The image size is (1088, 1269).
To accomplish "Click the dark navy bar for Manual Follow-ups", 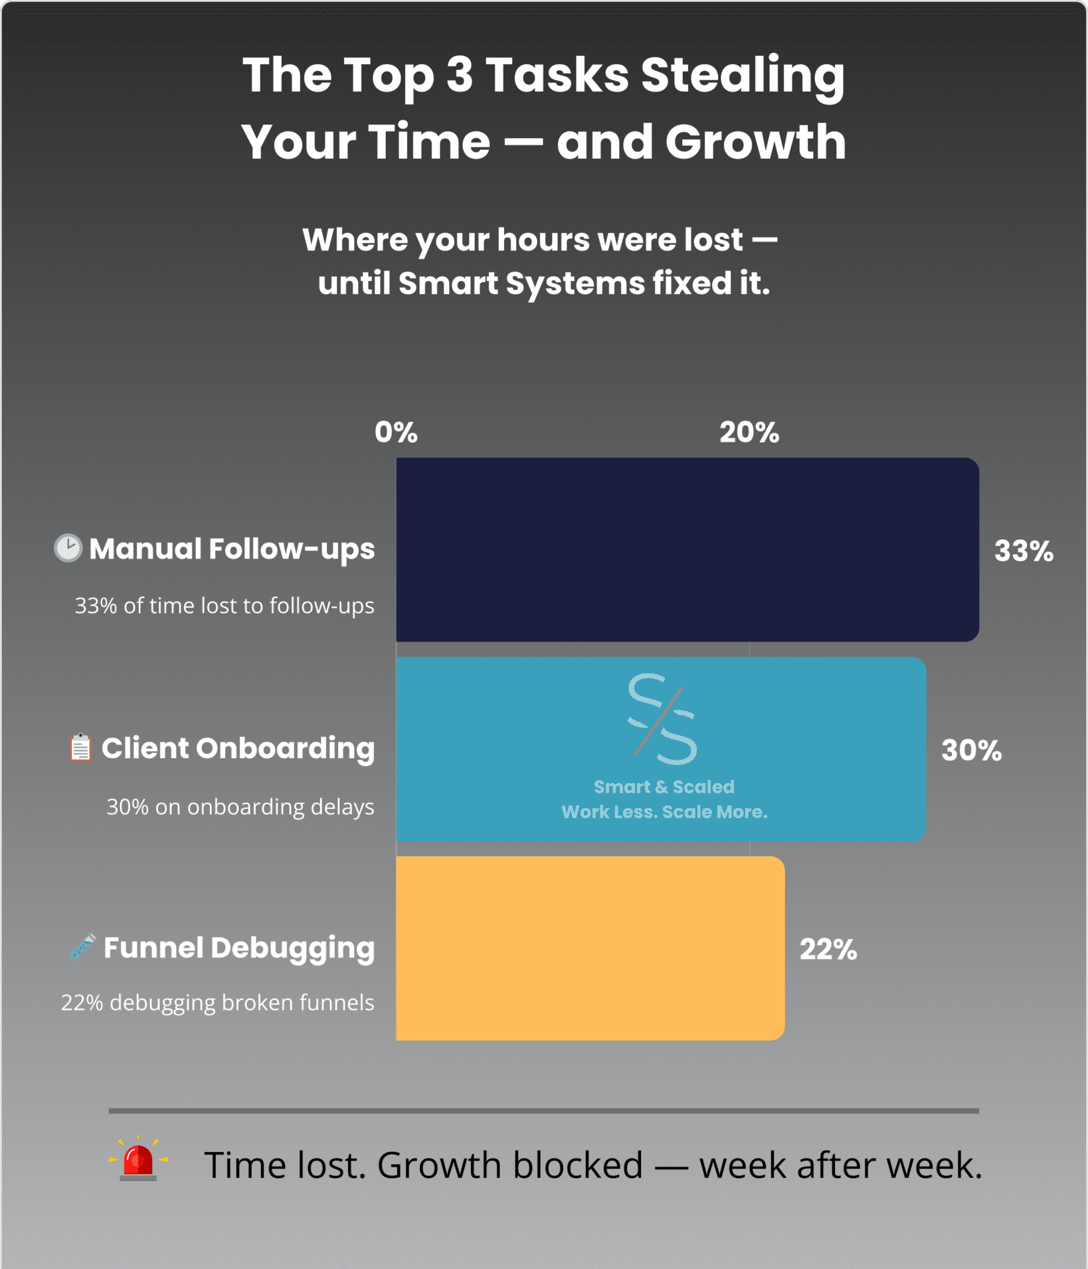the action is coord(687,549).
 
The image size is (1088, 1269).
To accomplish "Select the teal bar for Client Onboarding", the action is coord(661,749).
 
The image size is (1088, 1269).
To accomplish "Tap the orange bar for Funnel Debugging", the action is coord(590,948).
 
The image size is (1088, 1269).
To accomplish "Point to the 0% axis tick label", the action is coord(396,432).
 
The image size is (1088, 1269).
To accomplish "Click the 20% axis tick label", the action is coord(749,432).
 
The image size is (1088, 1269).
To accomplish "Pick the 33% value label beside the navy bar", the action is coord(1024,551).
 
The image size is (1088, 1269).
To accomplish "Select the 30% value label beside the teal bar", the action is coord(971,750).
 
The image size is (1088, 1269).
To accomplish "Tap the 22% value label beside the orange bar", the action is coord(828,950).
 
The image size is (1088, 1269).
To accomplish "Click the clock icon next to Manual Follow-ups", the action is coord(68,549).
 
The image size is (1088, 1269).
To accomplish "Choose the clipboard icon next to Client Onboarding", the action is coord(80,748).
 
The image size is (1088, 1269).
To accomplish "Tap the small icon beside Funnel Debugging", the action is coord(83,947).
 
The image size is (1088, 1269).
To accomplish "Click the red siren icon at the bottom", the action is coord(138,1158).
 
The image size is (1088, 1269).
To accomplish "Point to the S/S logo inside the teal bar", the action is coord(663,719).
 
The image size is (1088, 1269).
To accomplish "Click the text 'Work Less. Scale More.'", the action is coord(664,811).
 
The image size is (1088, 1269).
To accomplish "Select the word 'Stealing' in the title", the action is coord(743,76).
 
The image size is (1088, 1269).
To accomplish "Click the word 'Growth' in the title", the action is coord(756,141).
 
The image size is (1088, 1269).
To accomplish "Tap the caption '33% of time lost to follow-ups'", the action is coord(225,606).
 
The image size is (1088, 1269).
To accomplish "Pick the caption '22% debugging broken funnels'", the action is coord(218,1003).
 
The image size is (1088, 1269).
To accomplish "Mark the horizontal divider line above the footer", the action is coord(544,1110).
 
